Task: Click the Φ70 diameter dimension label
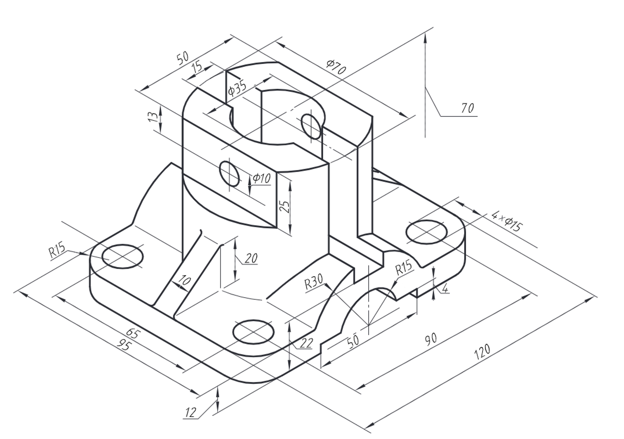tap(336, 67)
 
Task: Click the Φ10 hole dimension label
tap(262, 178)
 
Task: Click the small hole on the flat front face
tap(229, 174)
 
